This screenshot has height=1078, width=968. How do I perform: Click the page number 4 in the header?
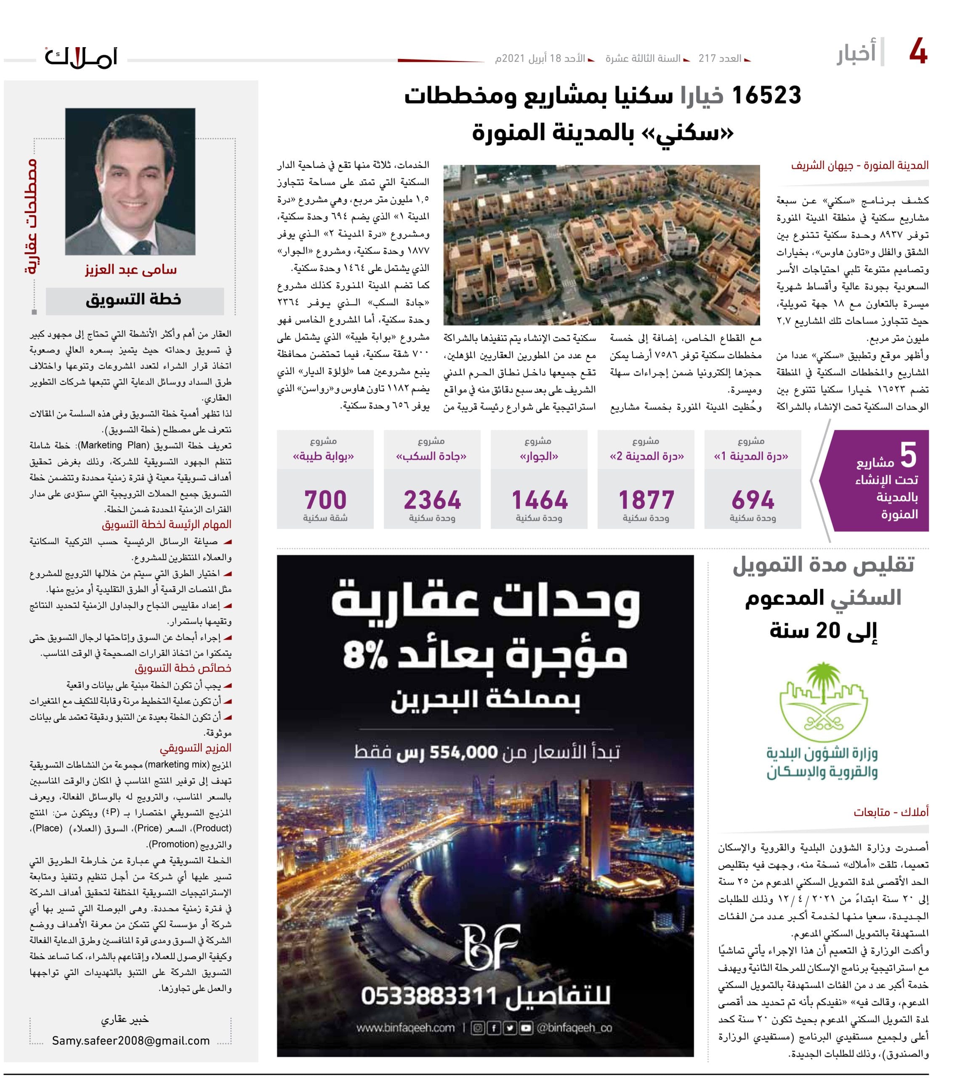point(918,52)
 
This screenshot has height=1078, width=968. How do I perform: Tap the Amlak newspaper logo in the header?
point(81,57)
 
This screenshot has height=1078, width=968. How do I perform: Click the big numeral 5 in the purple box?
point(908,456)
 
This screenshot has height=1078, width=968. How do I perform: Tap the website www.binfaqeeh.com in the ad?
point(405,1028)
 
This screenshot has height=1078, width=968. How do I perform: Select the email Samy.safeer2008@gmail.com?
point(131,1040)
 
